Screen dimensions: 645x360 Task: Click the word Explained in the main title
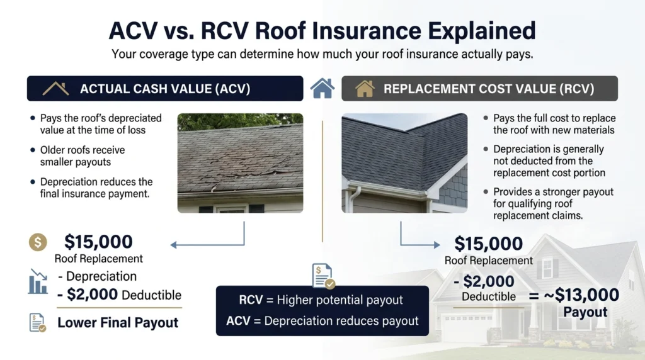[482, 31]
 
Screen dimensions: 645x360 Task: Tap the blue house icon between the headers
[322, 88]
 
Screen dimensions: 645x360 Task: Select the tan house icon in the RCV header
[365, 88]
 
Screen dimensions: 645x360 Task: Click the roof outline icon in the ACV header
[55, 88]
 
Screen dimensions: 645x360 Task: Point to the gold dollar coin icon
[38, 242]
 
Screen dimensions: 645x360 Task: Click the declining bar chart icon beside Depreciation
[38, 281]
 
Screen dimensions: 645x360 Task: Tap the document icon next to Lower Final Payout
[37, 323]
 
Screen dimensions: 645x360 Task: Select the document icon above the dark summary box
[323, 276]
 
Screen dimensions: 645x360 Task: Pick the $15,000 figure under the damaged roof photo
[98, 242]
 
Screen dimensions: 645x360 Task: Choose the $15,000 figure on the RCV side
[488, 244]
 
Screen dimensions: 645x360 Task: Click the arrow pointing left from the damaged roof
[207, 245]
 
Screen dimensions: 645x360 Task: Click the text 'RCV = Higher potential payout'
[321, 300]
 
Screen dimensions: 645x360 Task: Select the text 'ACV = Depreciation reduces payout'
[322, 321]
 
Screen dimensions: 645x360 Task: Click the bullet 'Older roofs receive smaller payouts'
[83, 155]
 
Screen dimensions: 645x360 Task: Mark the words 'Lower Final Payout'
[118, 323]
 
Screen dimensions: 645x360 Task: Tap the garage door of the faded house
[467, 326]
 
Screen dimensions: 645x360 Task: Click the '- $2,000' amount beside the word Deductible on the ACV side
[87, 295]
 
